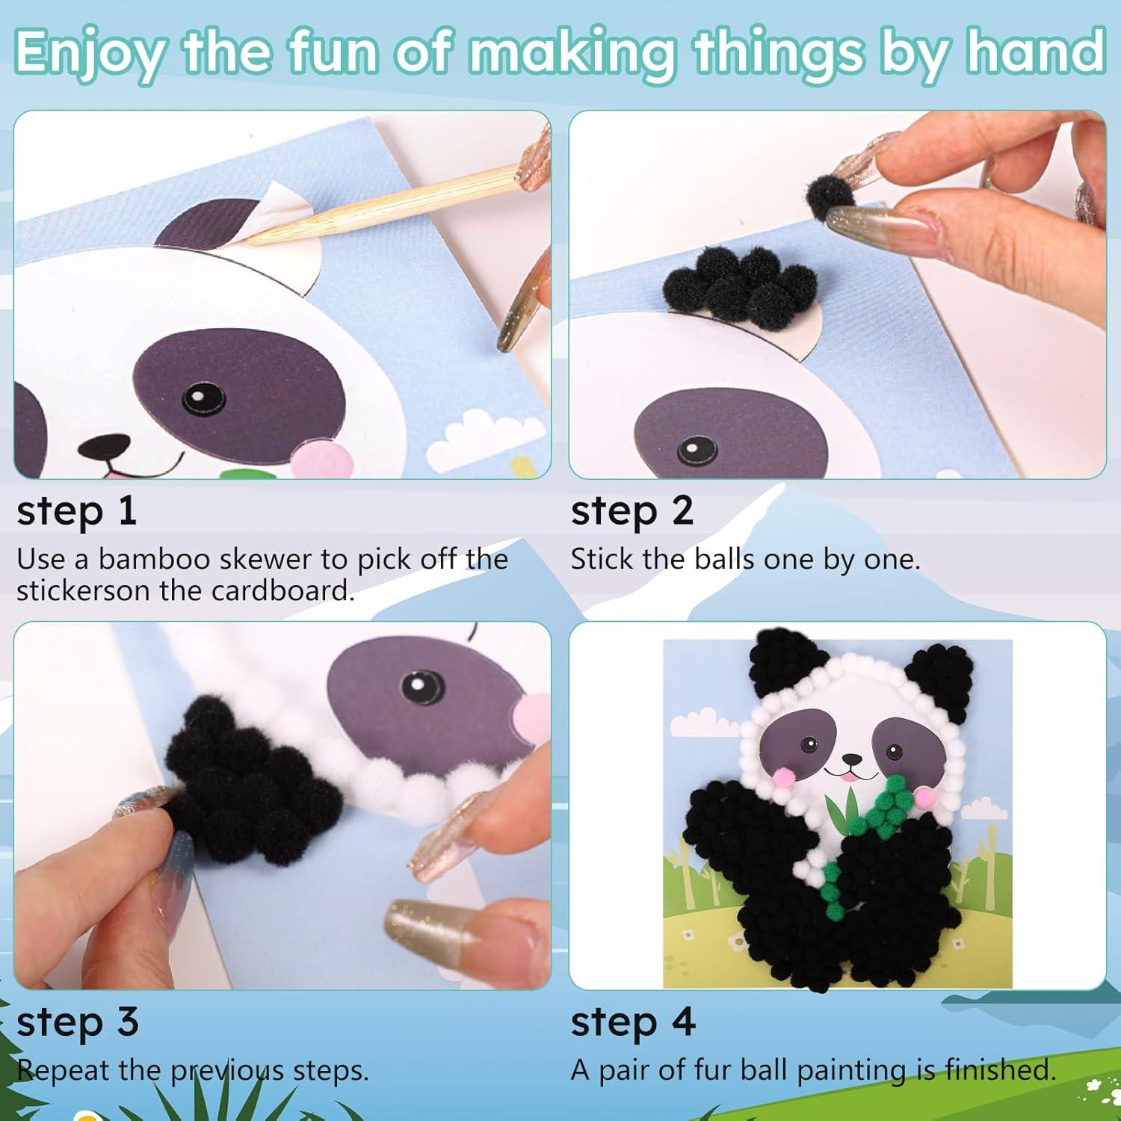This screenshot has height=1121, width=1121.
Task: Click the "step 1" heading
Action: click(x=76, y=512)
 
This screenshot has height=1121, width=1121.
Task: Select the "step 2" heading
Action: click(x=632, y=512)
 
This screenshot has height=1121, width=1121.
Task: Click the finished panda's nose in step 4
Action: click(x=850, y=759)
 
